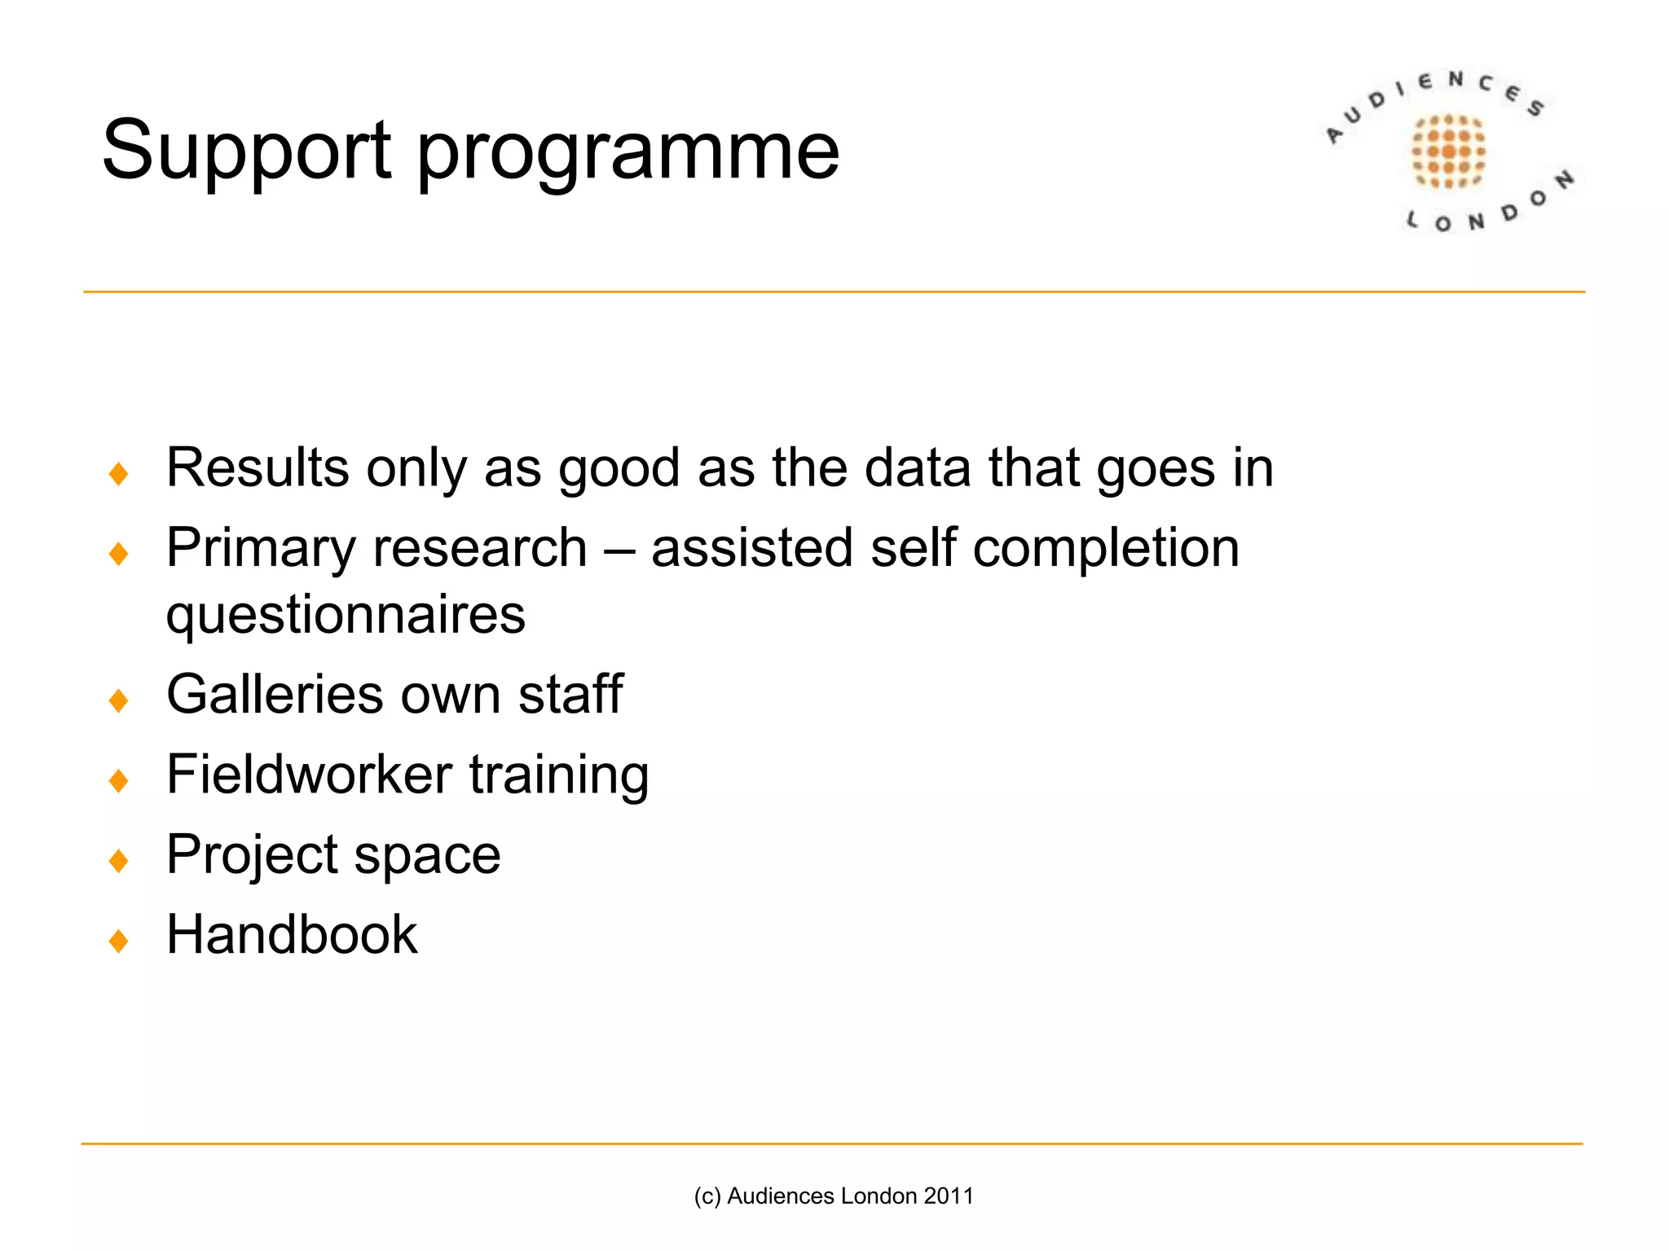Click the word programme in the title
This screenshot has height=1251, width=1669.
(628, 155)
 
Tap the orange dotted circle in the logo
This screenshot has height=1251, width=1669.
(1448, 151)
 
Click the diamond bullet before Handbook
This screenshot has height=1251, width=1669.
(119, 941)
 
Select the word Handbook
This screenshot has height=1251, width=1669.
(292, 934)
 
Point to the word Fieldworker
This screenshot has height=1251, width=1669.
(309, 774)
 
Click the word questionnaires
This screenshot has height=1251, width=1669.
(346, 616)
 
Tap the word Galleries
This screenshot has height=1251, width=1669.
(275, 695)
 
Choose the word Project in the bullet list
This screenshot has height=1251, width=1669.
(252, 855)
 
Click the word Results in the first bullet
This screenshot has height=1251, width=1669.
(258, 468)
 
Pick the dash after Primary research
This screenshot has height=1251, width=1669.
(619, 549)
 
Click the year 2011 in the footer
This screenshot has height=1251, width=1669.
(949, 1196)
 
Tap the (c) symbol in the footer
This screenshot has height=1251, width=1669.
(707, 1196)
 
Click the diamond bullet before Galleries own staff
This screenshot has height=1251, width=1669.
(119, 700)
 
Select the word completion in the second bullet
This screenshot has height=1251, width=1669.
(1106, 549)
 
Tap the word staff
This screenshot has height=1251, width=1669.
(570, 695)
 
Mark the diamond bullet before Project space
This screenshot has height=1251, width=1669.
(119, 860)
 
